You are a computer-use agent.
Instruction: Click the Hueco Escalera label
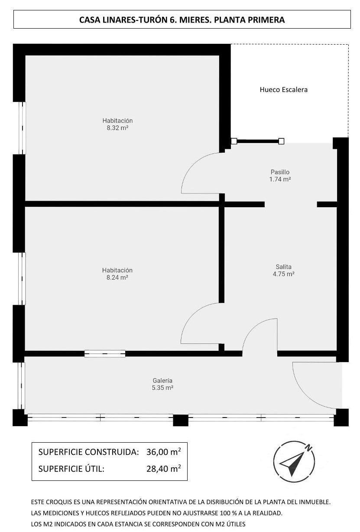click(x=283, y=90)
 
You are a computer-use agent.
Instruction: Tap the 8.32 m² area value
click(x=117, y=128)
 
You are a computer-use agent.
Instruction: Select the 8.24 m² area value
click(x=117, y=277)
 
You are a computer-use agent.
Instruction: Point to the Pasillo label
click(x=280, y=172)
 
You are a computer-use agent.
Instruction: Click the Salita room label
click(x=284, y=267)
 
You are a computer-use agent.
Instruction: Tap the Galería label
click(x=162, y=381)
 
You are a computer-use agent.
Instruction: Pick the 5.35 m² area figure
click(x=162, y=388)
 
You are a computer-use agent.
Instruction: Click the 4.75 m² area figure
click(x=284, y=274)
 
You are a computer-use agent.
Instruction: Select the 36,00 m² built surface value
click(x=163, y=451)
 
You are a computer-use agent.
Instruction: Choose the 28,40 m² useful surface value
click(x=163, y=469)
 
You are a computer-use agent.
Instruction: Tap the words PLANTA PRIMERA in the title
click(x=249, y=20)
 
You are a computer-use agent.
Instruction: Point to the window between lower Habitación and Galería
click(x=105, y=354)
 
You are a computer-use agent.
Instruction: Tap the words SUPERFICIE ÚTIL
click(x=71, y=469)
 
